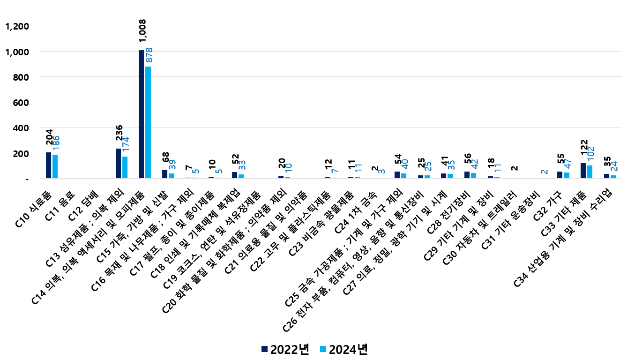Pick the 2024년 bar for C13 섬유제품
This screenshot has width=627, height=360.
[x=125, y=167]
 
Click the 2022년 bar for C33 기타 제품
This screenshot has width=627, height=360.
[x=583, y=171]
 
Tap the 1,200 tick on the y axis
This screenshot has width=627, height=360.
[x=16, y=26]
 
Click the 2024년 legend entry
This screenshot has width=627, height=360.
[x=343, y=349]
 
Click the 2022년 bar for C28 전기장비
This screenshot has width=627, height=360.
[x=467, y=175]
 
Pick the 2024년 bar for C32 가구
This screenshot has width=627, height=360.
[x=567, y=175]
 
